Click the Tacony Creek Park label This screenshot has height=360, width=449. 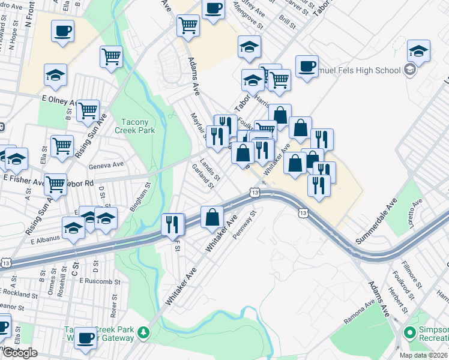(138, 125)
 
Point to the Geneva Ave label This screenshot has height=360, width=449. (106, 164)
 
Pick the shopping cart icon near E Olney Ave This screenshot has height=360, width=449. (88, 110)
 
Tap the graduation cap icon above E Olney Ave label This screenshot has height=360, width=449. (55, 75)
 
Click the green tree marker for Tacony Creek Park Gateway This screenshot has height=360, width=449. (143, 332)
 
